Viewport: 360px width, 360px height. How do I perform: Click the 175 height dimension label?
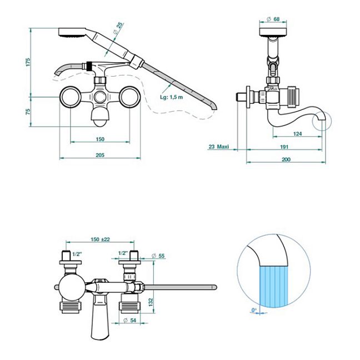point(28,62)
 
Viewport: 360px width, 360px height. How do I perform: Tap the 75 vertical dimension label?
point(28,112)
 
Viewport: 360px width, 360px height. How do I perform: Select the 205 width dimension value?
point(100,155)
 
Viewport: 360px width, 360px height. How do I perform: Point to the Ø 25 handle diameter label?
point(118,28)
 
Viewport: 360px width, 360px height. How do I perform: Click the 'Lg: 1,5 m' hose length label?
point(172,97)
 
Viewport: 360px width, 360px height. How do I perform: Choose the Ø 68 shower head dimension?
point(273,19)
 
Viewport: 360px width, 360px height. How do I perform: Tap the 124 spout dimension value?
point(298,133)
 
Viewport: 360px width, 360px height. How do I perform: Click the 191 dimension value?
point(284,147)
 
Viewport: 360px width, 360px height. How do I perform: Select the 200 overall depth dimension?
point(286,159)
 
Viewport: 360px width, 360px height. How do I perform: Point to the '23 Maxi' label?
point(219,147)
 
